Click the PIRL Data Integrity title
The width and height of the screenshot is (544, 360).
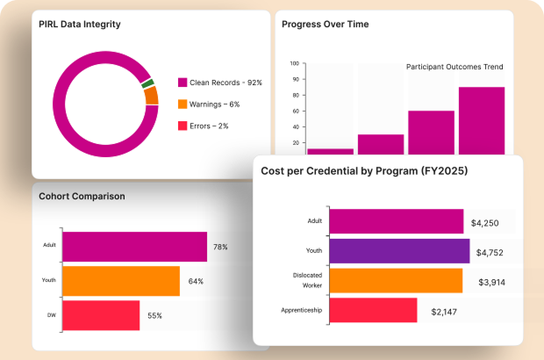80,25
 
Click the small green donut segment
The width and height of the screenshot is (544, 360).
148,83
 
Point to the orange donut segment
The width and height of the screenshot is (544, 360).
151,96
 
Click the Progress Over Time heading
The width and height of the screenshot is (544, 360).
325,25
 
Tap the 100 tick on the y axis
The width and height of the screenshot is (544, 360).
294,64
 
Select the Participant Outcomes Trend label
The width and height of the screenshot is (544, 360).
455,67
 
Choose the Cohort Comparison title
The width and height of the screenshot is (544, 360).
82,196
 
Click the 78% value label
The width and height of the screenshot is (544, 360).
220,248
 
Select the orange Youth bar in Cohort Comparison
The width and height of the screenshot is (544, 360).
121,281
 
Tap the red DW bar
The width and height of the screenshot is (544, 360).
101,315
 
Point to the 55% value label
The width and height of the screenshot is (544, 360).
154,315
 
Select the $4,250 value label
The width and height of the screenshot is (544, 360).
484,222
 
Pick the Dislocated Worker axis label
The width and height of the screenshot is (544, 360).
307,279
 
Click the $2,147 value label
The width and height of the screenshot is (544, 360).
446,311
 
